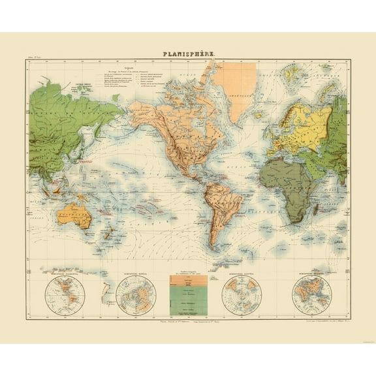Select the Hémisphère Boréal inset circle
135,292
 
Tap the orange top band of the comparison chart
188,277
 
